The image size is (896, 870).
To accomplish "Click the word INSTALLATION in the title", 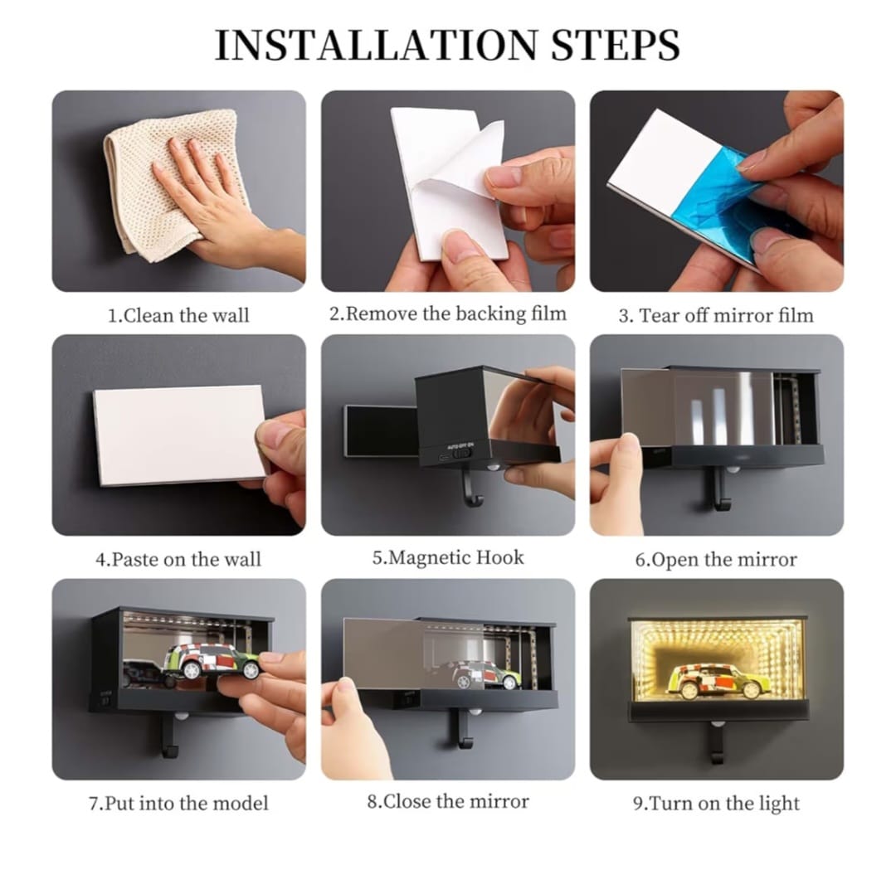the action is [376, 44].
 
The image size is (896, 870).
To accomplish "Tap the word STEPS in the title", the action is [616, 44].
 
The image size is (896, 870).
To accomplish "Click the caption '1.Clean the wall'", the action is [179, 315].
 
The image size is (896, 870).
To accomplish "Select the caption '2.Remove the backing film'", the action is [447, 313].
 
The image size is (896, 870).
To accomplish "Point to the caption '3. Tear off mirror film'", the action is [716, 315].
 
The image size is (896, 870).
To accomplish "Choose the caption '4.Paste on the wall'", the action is [178, 559].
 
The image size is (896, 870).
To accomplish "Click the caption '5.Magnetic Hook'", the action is [448, 557].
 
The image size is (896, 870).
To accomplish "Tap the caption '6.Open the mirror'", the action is [716, 559].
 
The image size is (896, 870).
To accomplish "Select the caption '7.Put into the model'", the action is [178, 803].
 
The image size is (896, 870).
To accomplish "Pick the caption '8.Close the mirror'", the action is [448, 801].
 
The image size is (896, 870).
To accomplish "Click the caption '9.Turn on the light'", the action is [716, 803].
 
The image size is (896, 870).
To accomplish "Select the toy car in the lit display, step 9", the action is [718, 681].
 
